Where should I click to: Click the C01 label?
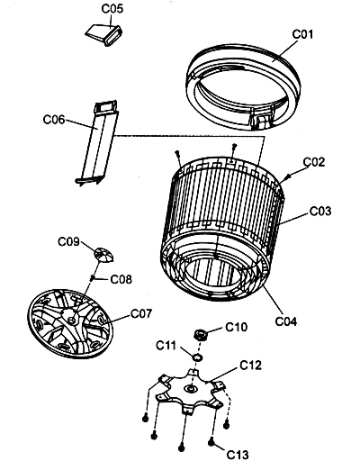(302, 34)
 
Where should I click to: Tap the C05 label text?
(112, 9)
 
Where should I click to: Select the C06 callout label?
(54, 120)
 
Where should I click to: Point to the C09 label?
(68, 241)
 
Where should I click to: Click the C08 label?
(121, 279)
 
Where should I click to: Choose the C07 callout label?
(141, 314)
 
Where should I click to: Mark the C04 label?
(286, 321)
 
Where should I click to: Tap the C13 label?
(238, 455)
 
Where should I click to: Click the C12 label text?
(250, 366)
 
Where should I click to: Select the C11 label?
(166, 346)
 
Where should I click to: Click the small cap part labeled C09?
(103, 255)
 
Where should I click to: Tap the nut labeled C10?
(199, 334)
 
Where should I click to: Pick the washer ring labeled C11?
(197, 357)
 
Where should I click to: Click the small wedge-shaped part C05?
(103, 34)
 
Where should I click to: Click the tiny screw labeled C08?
(93, 278)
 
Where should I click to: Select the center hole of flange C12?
(191, 389)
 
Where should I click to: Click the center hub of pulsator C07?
(71, 320)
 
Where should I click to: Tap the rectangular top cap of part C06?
(105, 107)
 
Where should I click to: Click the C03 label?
(320, 212)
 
